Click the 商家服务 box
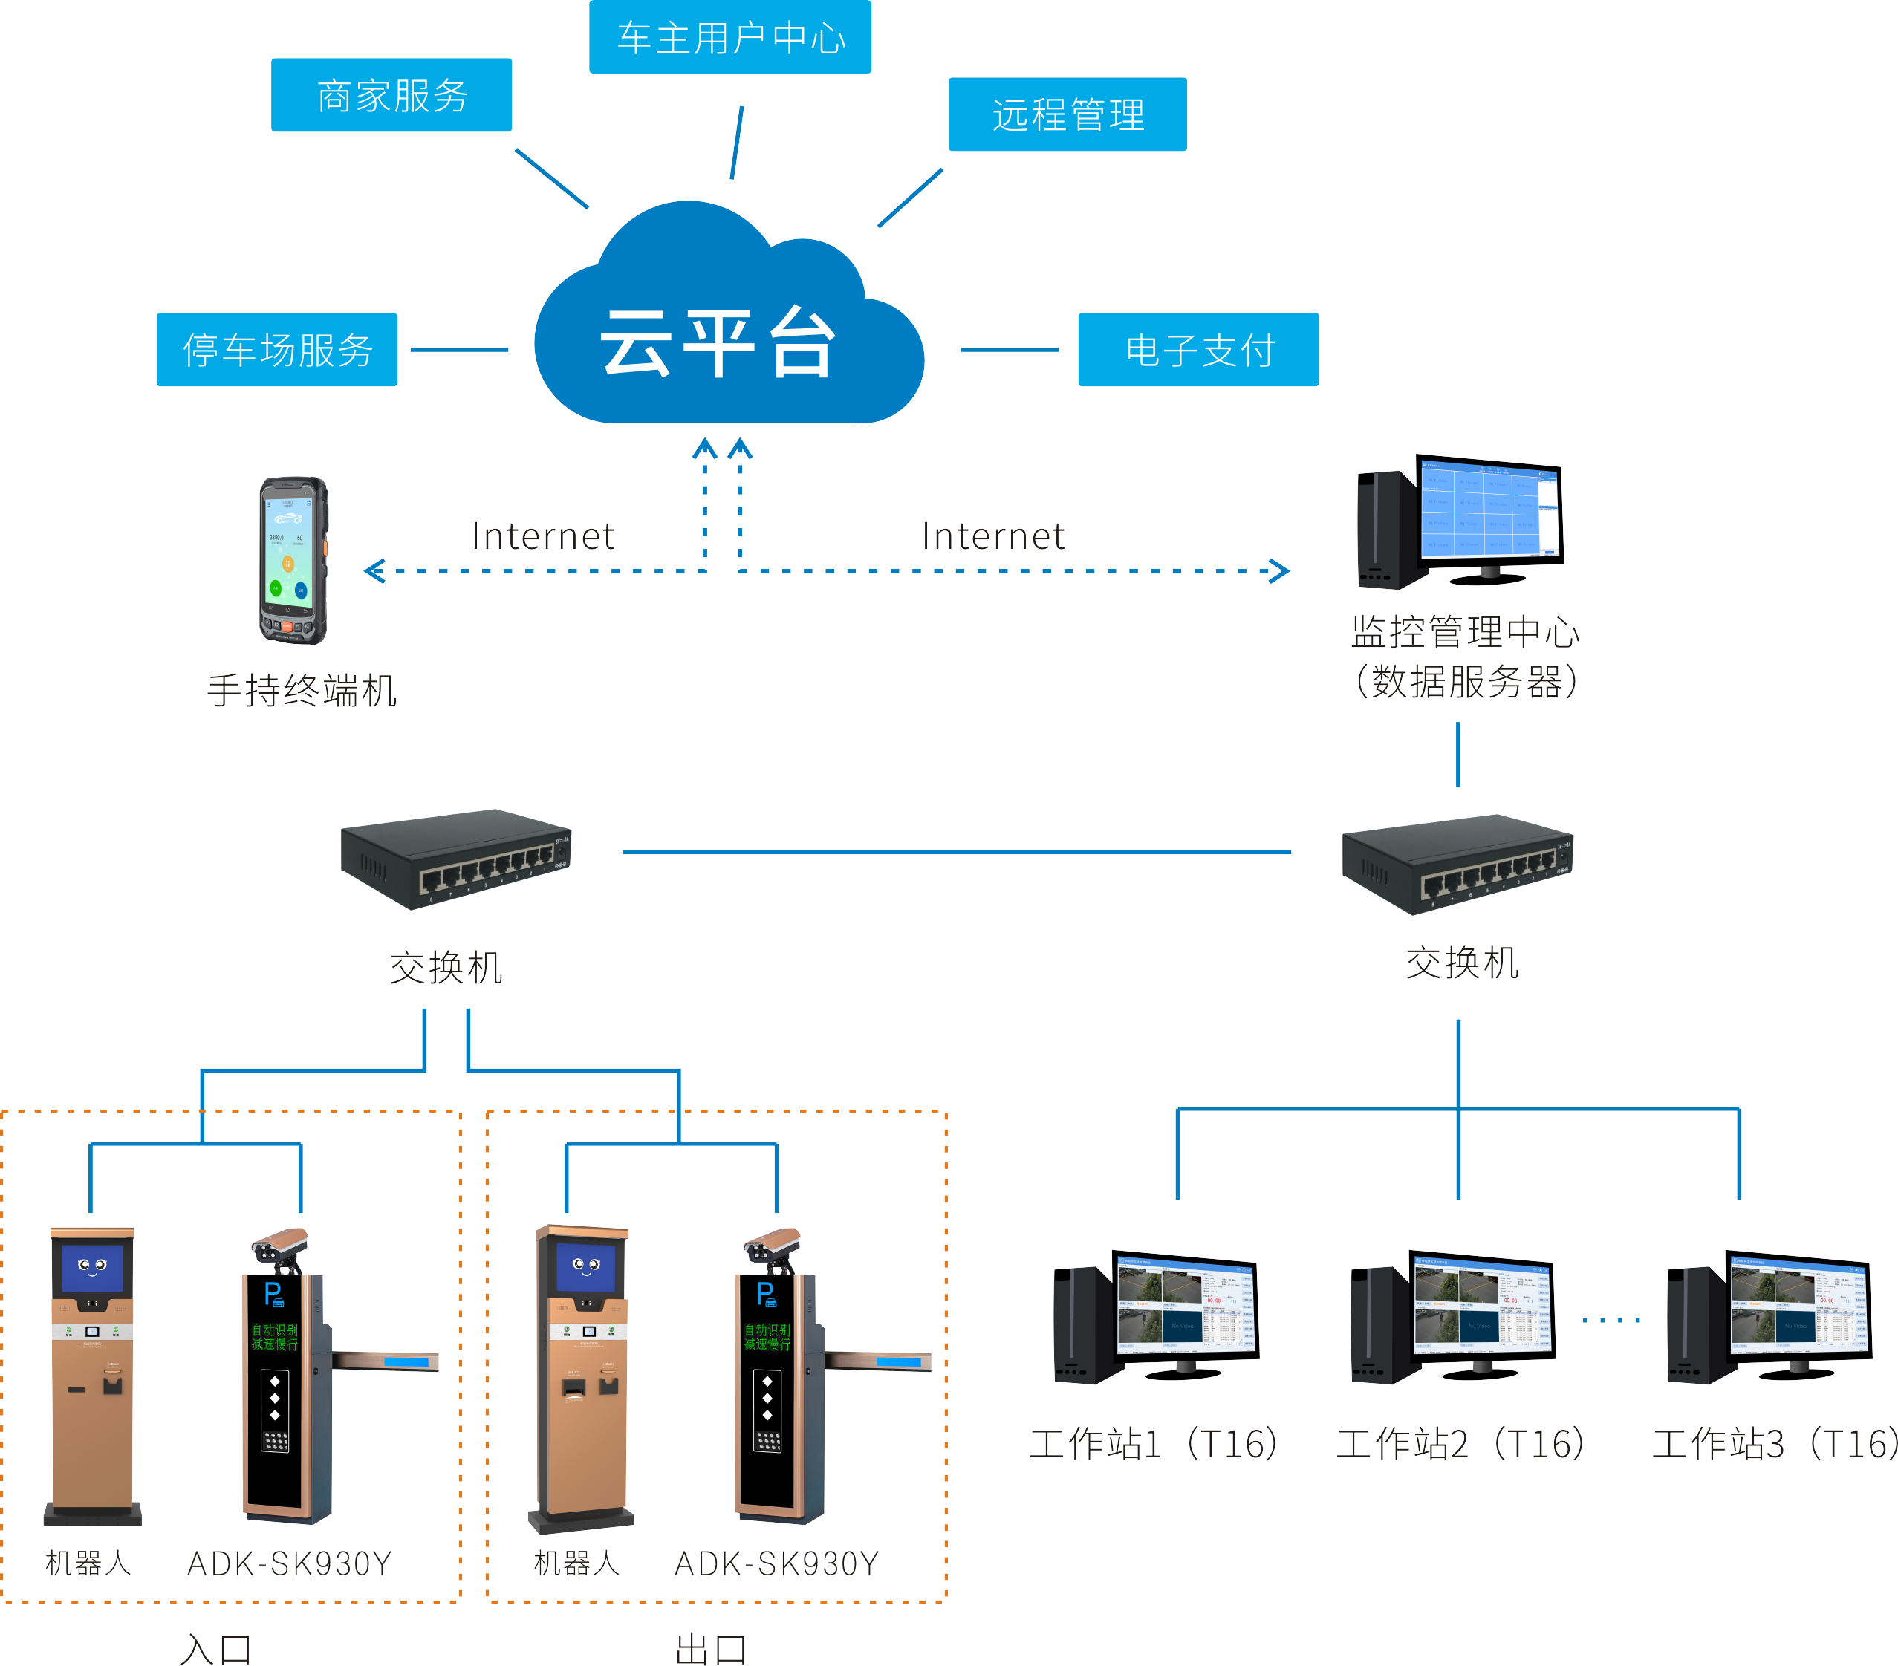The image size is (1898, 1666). pos(391,96)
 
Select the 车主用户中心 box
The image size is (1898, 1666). pos(729,37)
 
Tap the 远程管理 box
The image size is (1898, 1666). pos(1067,114)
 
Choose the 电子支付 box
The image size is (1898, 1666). pos(1197,350)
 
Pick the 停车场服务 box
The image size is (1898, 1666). pos(276,350)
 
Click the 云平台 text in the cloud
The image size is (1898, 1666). pos(717,344)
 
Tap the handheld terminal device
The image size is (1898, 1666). pos(293,560)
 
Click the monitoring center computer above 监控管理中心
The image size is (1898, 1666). pos(1460,522)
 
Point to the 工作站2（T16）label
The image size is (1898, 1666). pos(1460,1444)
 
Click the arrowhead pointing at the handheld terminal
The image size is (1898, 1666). pos(374,571)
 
